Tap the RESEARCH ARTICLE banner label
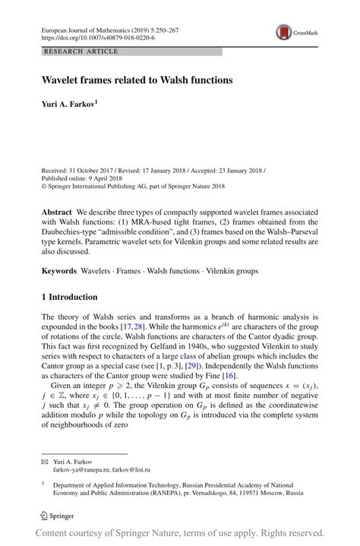tap(82, 52)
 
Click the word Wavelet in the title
tap(62, 79)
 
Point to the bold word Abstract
tap(57, 212)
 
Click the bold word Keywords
tap(58, 270)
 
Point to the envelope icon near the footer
tap(44, 462)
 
